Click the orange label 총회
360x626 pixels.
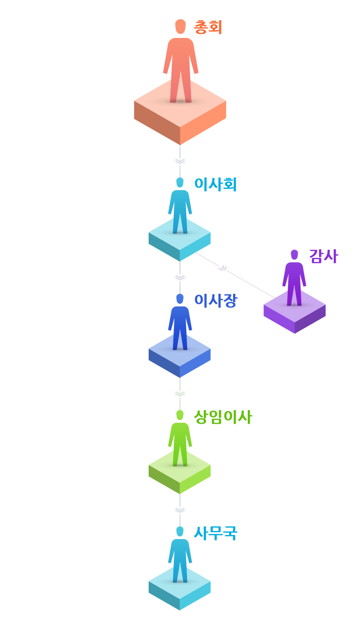click(208, 27)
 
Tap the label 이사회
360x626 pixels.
click(215, 185)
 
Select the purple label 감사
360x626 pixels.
click(324, 256)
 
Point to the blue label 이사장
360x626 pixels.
click(215, 301)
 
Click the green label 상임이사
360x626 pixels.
click(223, 417)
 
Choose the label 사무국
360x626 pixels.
click(215, 533)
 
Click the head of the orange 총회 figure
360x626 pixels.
click(181, 27)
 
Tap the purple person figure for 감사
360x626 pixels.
click(294, 278)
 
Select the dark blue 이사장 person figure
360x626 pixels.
click(180, 322)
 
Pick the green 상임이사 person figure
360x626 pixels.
click(180, 438)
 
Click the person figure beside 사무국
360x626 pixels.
click(180, 555)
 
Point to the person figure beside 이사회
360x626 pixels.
click(180, 206)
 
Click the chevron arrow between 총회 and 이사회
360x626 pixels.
click(180, 161)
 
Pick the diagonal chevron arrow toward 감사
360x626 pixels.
click(223, 269)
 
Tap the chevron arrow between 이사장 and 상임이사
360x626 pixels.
click(180, 394)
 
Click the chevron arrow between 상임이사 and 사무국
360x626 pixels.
click(180, 510)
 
